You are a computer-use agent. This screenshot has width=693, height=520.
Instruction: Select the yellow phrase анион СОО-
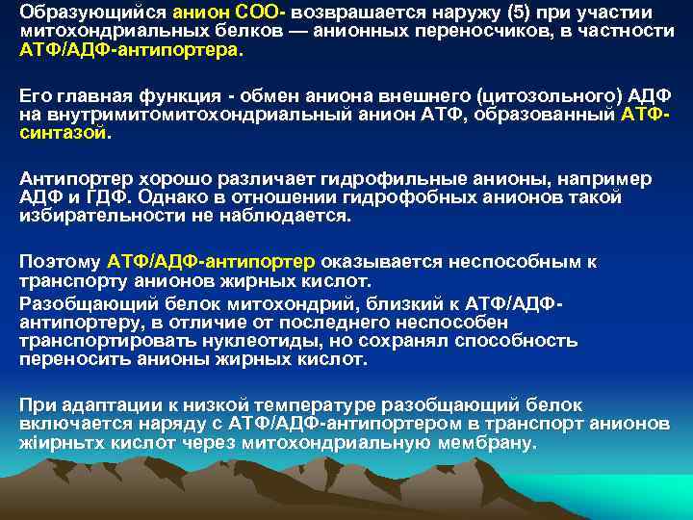[208, 13]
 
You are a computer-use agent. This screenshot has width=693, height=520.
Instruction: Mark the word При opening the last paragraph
[37, 405]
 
